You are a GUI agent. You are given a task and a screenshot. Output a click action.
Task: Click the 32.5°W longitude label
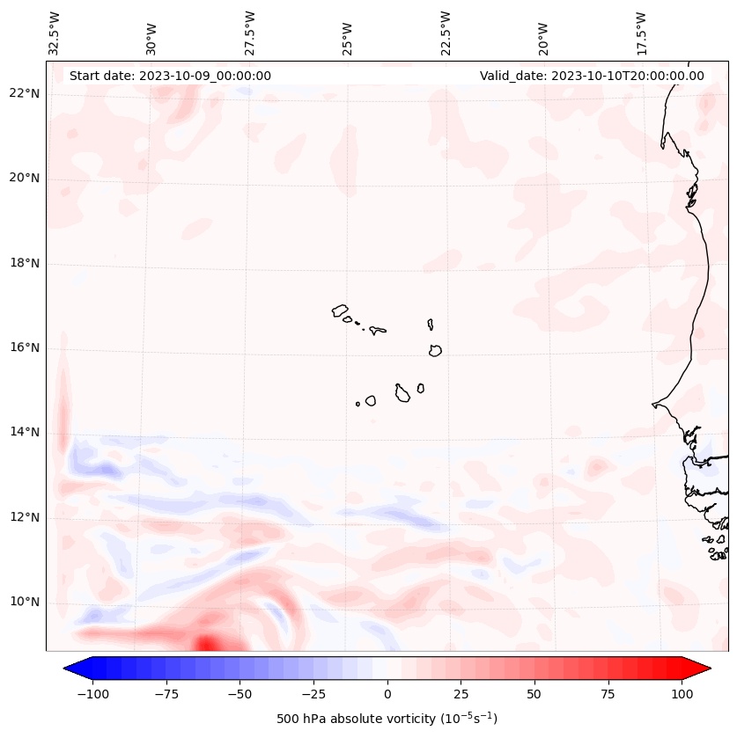[55, 33]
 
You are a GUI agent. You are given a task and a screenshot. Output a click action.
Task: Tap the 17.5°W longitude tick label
[641, 33]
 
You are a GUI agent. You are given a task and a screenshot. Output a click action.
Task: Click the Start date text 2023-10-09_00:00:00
[170, 76]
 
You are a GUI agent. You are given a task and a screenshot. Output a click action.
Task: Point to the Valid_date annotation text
[592, 76]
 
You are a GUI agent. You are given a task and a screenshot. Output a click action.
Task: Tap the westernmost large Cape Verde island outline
[341, 311]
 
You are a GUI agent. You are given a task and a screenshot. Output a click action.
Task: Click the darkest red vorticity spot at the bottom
[206, 644]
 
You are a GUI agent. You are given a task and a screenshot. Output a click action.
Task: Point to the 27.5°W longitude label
[250, 33]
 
